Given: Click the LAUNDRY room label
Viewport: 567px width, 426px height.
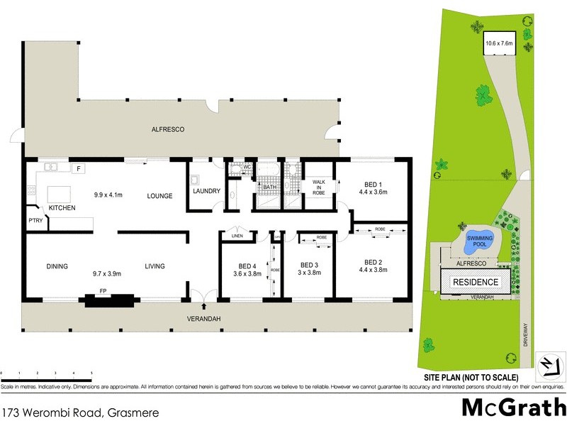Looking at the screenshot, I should tap(207, 192).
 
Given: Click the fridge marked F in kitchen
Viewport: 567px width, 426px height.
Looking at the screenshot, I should tap(79, 169).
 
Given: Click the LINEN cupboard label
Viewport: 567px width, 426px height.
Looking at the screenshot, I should tap(237, 236).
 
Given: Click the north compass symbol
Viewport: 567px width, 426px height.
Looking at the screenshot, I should tap(550, 365).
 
